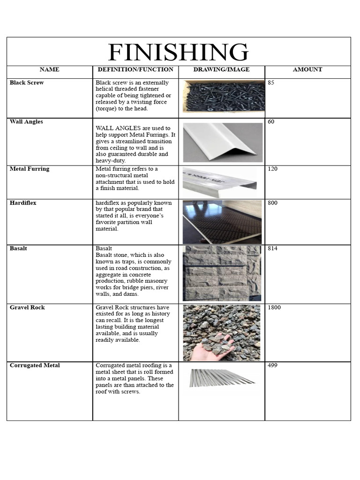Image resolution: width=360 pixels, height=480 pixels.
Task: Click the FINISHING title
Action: click(x=178, y=52)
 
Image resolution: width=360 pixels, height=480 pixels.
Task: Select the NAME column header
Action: click(x=49, y=69)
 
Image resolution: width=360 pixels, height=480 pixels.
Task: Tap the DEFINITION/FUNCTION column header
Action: click(x=135, y=69)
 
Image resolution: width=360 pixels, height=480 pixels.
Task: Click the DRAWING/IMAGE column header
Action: click(x=221, y=69)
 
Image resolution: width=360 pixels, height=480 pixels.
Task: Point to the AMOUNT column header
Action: click(x=307, y=69)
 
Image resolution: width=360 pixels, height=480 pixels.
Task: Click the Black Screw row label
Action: click(x=27, y=82)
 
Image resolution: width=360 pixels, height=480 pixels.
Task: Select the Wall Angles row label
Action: click(x=26, y=122)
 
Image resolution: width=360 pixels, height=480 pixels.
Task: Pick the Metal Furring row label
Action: click(x=29, y=169)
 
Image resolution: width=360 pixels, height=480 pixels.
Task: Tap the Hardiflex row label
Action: click(x=23, y=203)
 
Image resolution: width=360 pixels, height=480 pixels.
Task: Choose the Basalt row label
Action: click(x=18, y=248)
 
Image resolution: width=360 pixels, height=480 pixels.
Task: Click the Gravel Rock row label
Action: click(x=27, y=307)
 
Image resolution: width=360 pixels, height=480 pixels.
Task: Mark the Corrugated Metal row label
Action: click(x=35, y=365)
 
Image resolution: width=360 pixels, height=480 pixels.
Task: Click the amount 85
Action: click(x=271, y=83)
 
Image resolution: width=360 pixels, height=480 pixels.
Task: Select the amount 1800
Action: click(x=274, y=307)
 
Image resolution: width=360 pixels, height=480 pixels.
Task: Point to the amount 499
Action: click(x=272, y=365)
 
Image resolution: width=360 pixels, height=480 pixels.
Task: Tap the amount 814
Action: click(x=272, y=248)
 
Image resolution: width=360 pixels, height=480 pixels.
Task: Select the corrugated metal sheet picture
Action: click(x=221, y=378)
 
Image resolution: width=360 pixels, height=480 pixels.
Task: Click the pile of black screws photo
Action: click(x=224, y=96)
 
